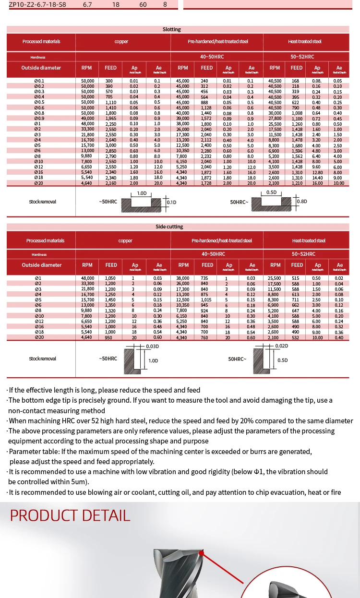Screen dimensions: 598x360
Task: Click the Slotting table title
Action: click(x=171, y=29)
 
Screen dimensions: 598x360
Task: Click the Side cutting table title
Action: click(x=169, y=227)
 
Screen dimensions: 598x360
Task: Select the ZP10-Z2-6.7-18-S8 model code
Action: click(x=37, y=5)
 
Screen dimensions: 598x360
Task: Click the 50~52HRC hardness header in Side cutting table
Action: click(x=303, y=254)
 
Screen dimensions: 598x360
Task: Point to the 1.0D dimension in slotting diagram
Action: click(x=142, y=193)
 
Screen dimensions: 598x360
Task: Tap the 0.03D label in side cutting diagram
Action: click(x=153, y=346)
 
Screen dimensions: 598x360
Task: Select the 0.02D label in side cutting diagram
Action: click(x=282, y=346)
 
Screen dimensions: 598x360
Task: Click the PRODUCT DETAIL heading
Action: click(x=70, y=515)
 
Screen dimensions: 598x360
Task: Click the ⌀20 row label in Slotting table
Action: click(x=39, y=183)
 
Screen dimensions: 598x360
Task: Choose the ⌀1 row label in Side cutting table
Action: click(x=38, y=278)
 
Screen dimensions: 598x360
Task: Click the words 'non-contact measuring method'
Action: click(x=57, y=410)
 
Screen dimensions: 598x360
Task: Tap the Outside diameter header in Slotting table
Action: click(x=41, y=68)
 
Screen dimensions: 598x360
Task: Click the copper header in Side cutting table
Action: click(x=125, y=240)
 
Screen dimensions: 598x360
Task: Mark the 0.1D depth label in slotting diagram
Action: click(x=171, y=202)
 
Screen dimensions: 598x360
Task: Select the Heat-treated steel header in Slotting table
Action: click(x=306, y=42)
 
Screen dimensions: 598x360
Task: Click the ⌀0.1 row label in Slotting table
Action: click(x=39, y=81)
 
